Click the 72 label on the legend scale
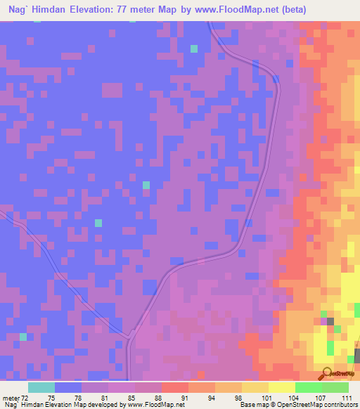click(x=25, y=398)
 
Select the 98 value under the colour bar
click(x=228, y=398)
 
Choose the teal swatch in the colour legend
click(x=41, y=387)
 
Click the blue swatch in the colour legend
click(x=68, y=387)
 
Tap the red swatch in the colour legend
click(x=175, y=387)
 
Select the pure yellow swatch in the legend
click(x=282, y=387)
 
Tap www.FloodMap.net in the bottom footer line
click(x=153, y=405)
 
